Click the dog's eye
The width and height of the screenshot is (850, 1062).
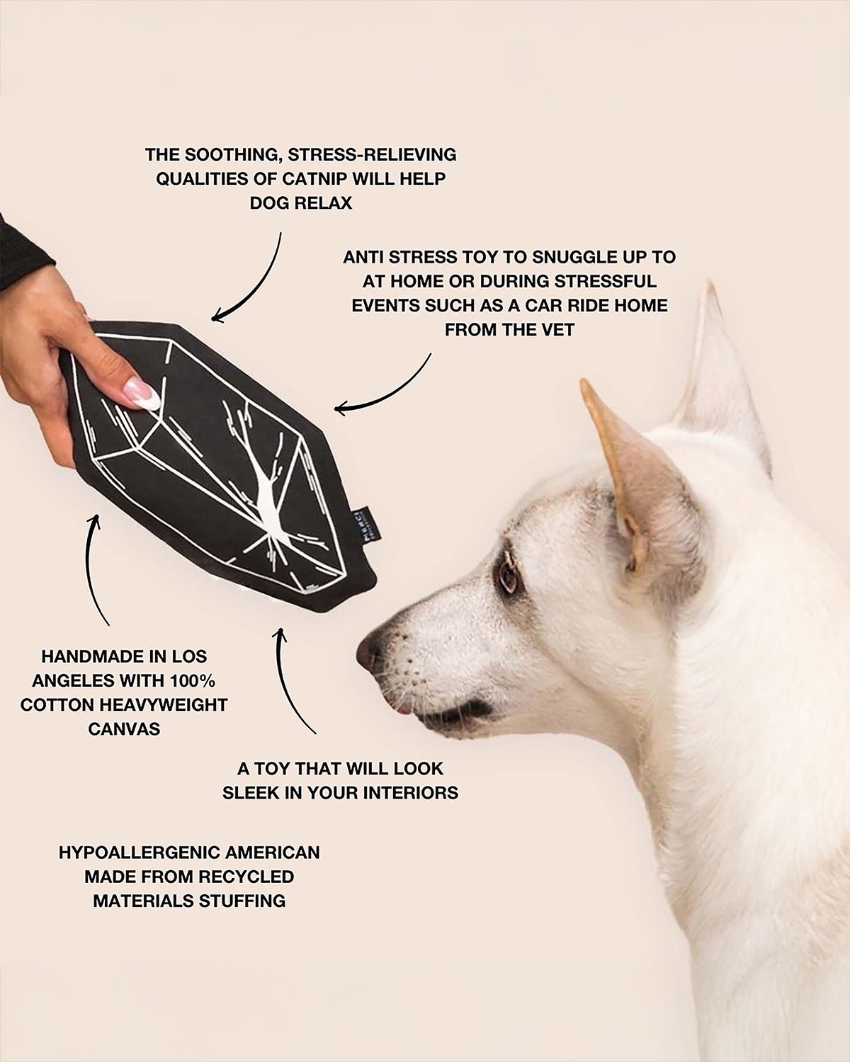(508, 578)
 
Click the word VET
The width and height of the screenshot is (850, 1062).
(556, 329)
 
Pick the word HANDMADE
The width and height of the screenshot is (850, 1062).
(98, 656)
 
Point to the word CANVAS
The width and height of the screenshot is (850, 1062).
(124, 729)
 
